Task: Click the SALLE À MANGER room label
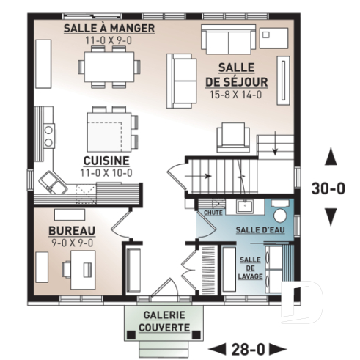tap(109, 28)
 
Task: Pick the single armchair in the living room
tap(233, 136)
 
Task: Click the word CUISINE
tap(106, 161)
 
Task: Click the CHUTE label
tap(213, 213)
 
